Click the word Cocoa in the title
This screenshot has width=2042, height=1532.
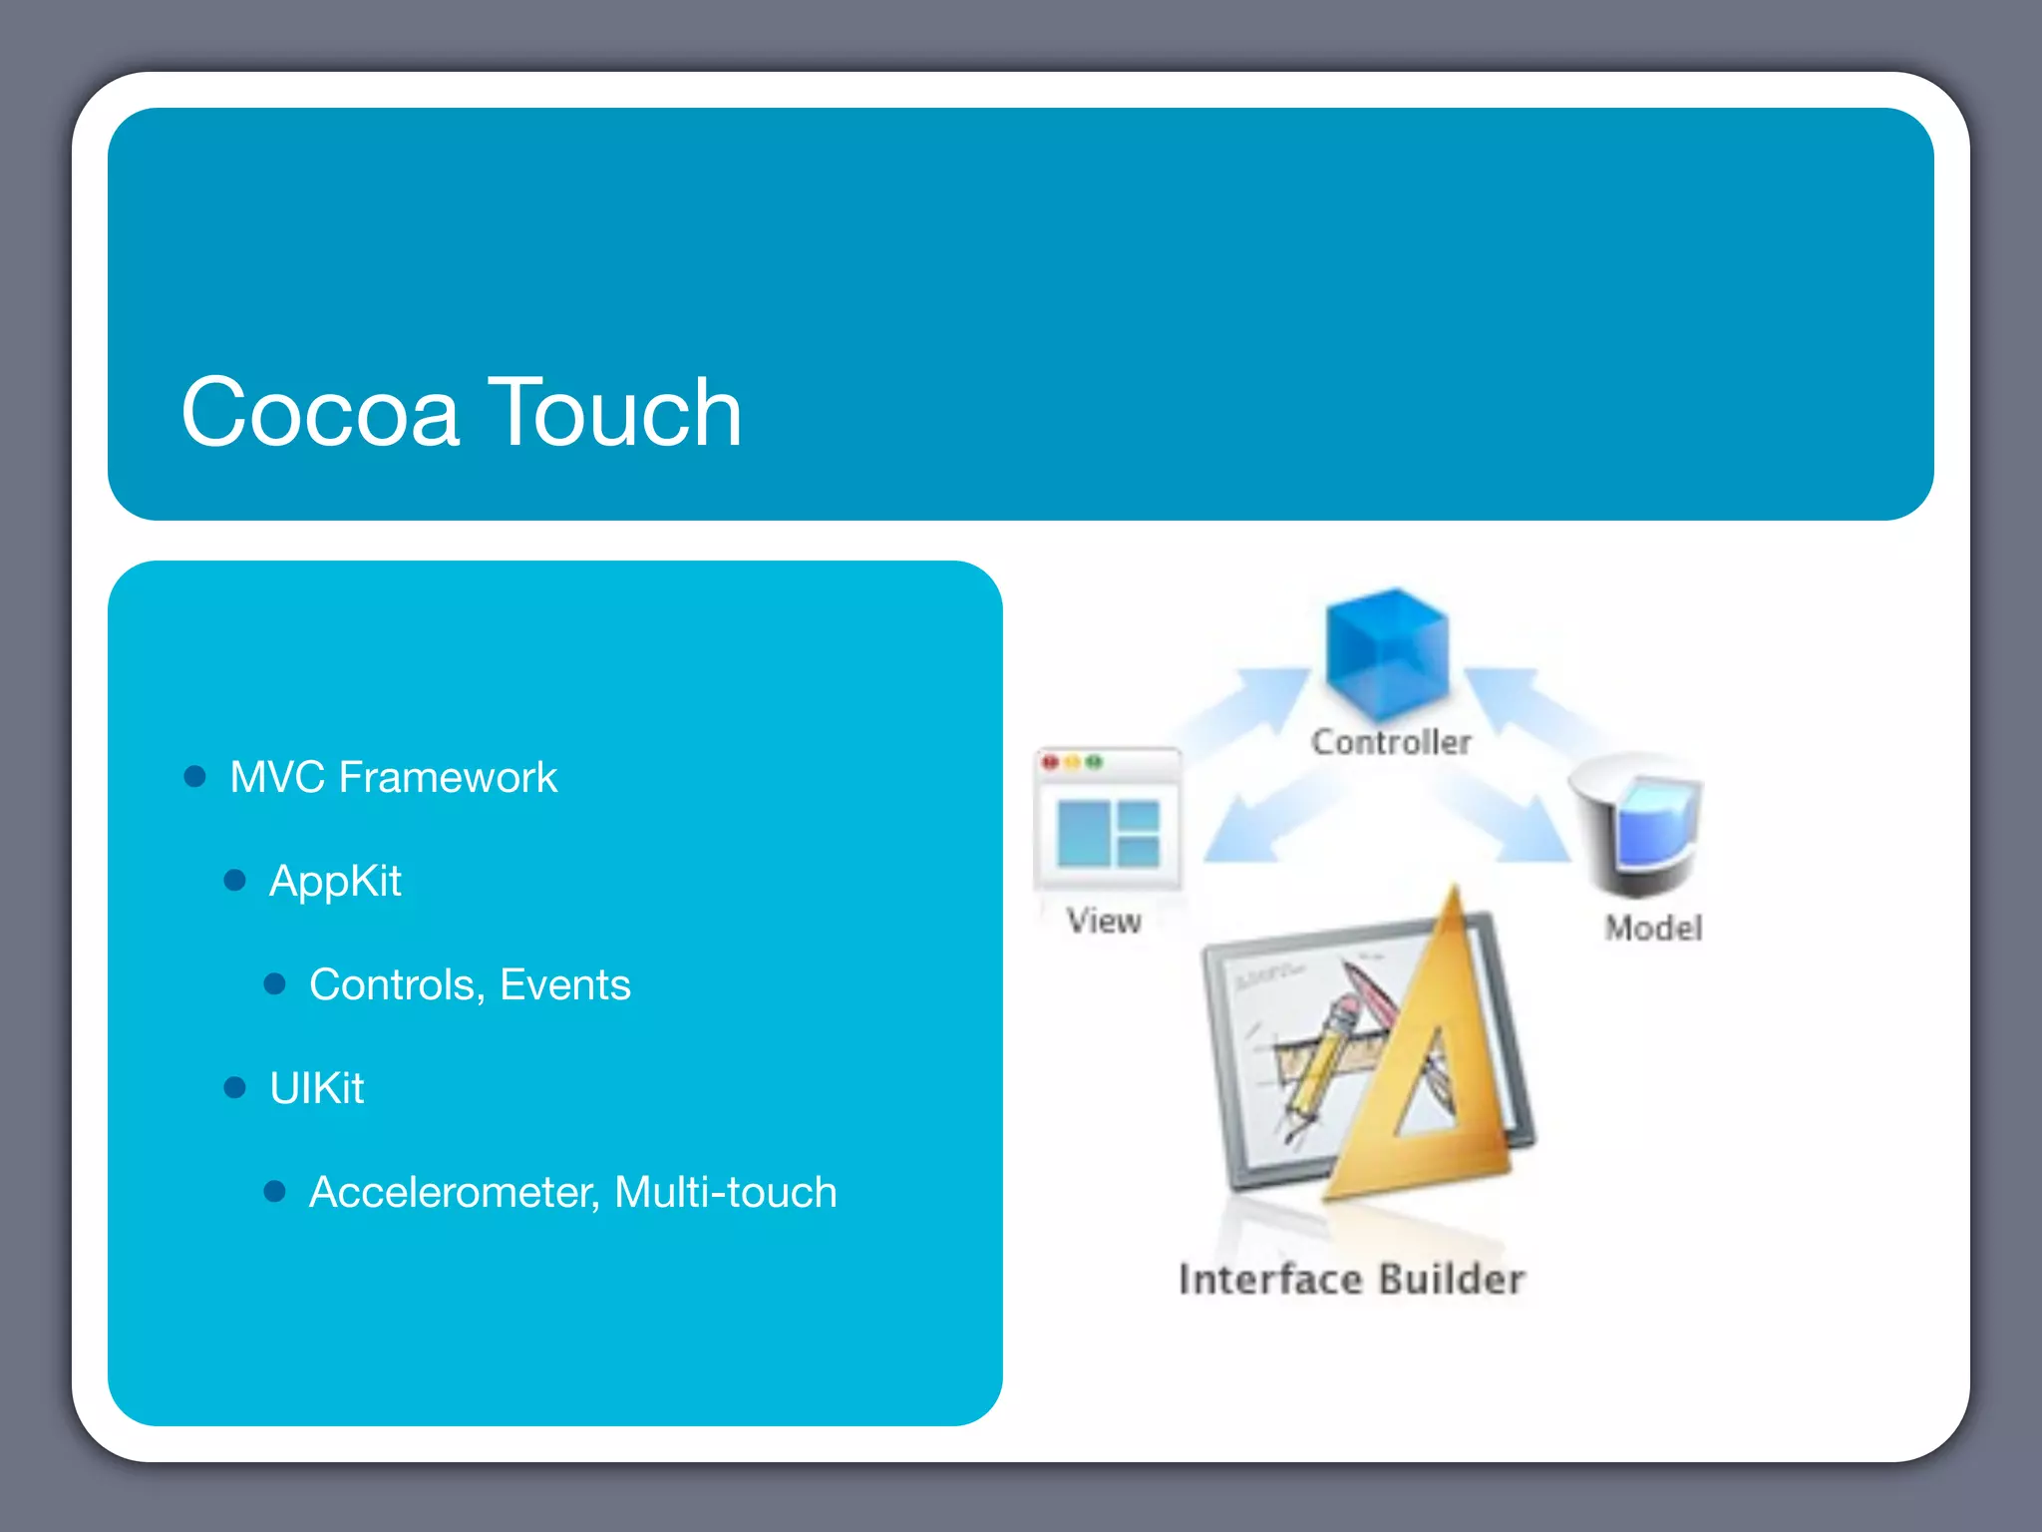pos(319,412)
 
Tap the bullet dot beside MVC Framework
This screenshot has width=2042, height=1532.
pos(195,776)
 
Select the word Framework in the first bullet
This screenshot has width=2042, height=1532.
pos(448,777)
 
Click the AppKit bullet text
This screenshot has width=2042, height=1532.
pos(335,882)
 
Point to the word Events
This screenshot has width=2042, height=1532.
pos(564,984)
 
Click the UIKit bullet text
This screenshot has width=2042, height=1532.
pos(316,1088)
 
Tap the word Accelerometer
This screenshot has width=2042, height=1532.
pos(451,1192)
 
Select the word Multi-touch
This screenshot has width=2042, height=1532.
pos(725,1192)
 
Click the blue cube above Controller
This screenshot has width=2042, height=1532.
pos(1386,653)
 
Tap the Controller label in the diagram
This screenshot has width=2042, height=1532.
pos(1391,742)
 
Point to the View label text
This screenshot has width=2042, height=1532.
pos(1104,921)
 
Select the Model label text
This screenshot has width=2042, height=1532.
pos(1653,929)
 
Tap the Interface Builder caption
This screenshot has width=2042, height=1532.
pos(1351,1280)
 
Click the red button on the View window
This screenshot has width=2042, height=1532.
pos(1050,763)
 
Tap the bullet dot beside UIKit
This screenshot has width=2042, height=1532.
pos(235,1087)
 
